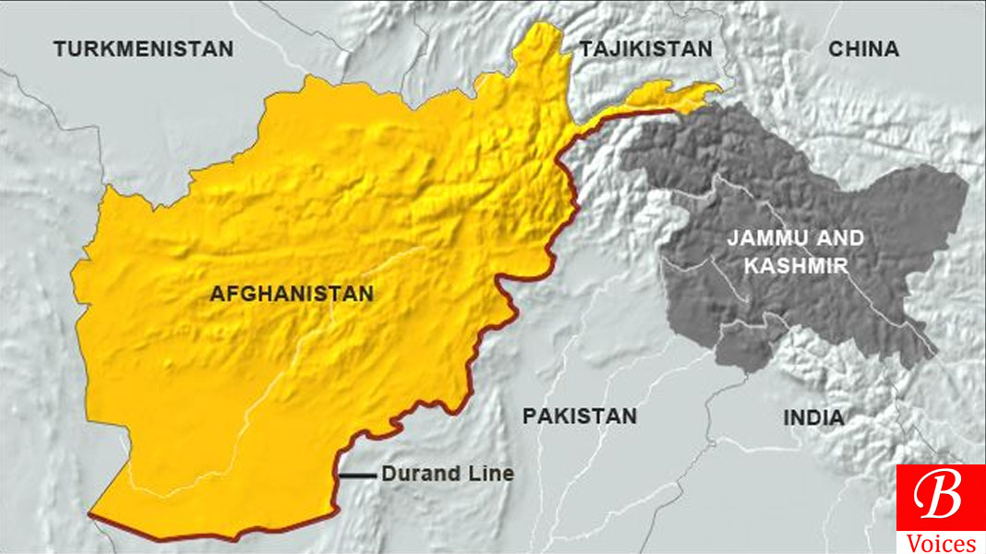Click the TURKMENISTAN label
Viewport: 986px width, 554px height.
click(x=143, y=49)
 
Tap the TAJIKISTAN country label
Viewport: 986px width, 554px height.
click(x=645, y=49)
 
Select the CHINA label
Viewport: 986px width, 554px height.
click(x=863, y=49)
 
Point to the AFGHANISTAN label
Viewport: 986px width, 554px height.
click(x=292, y=295)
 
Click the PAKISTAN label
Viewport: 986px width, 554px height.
click(x=580, y=415)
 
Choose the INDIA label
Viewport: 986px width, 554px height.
click(x=813, y=417)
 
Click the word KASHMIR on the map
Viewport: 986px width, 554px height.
click(x=796, y=266)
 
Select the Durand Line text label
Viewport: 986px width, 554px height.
click(x=448, y=475)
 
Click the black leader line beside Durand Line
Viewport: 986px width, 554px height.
click(x=356, y=476)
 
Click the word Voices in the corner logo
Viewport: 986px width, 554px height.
click(x=940, y=543)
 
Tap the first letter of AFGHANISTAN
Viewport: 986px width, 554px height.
click(x=217, y=295)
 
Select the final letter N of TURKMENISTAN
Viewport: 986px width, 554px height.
click(x=225, y=49)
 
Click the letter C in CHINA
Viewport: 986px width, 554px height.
click(x=836, y=49)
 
